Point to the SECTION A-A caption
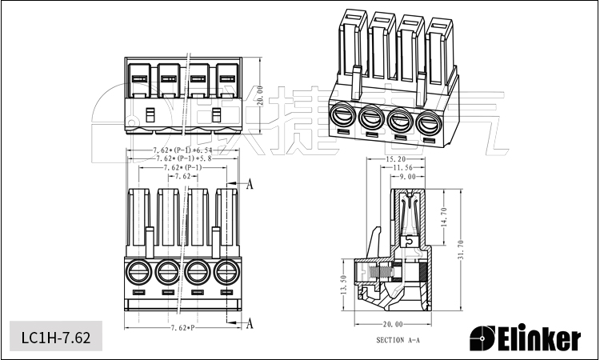(x=398, y=341)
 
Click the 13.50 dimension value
(x=344, y=288)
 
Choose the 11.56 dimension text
(x=404, y=168)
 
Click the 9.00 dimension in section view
(x=414, y=176)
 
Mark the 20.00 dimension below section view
(x=393, y=325)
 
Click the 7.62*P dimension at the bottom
(x=183, y=329)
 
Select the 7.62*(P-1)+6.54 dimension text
(x=182, y=150)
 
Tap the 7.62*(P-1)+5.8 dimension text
(x=182, y=159)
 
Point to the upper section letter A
(x=249, y=185)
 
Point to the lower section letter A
(x=249, y=323)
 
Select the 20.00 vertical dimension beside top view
(x=259, y=96)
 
